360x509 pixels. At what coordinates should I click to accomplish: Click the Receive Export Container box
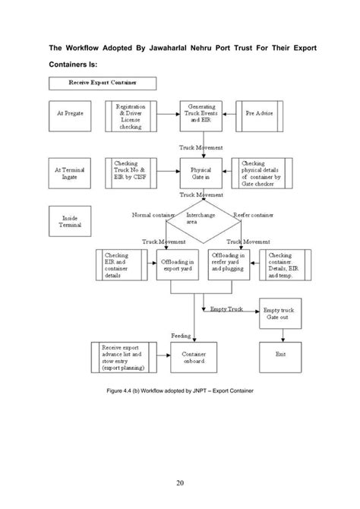(x=102, y=82)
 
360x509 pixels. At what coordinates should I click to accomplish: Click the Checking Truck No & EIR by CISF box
(x=131, y=172)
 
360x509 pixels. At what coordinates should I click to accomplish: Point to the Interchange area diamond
(x=200, y=220)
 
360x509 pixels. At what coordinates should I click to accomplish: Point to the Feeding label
(x=181, y=334)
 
